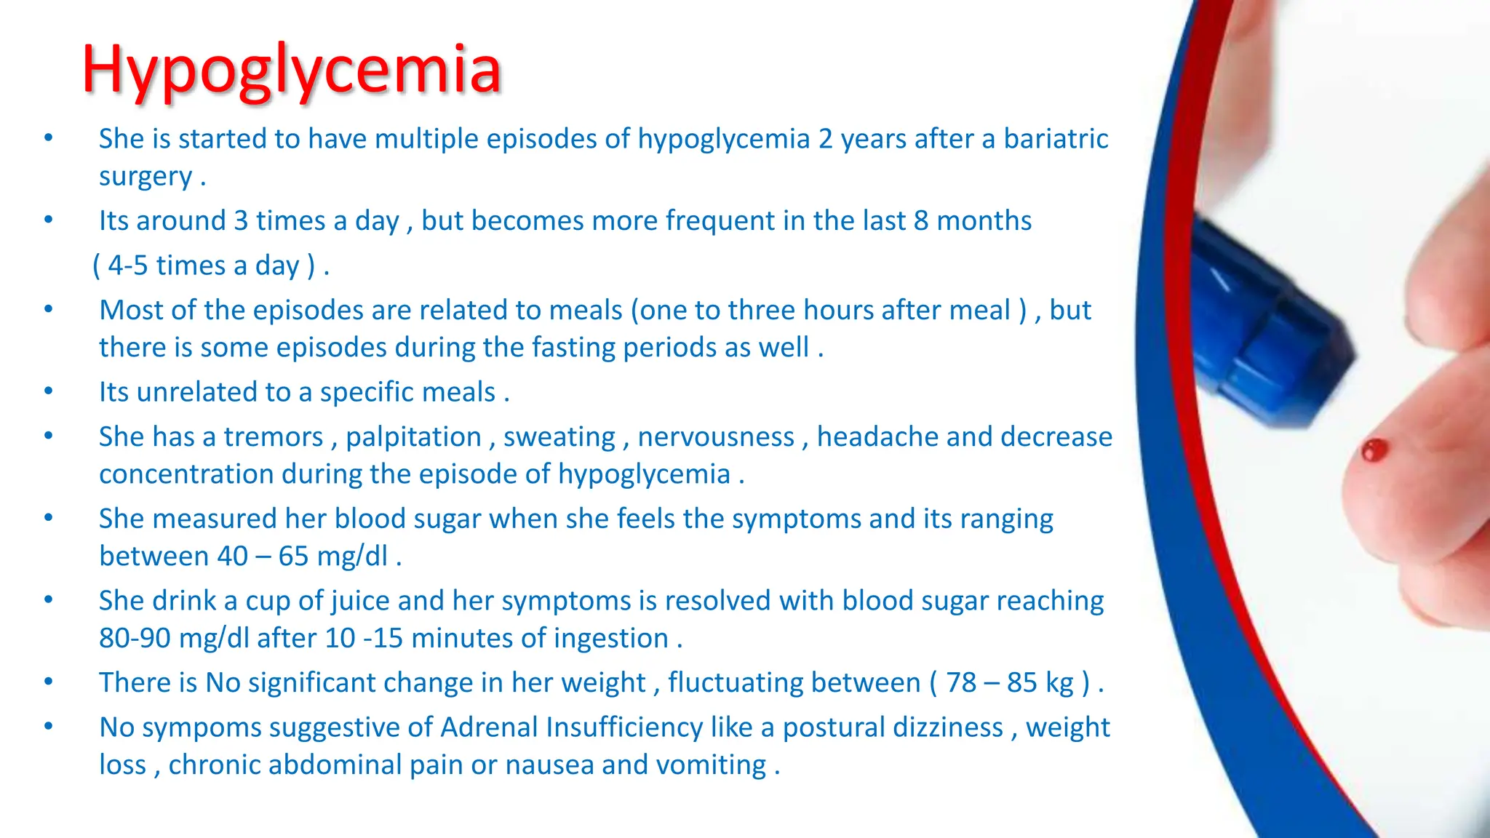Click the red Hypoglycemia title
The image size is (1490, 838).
(x=291, y=70)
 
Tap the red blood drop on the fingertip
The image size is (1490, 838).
(x=1374, y=450)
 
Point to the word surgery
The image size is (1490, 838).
(x=146, y=177)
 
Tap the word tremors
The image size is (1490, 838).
(x=274, y=436)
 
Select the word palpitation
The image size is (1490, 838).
(x=413, y=436)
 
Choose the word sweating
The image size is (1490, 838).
(x=559, y=436)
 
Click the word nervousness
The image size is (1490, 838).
(x=716, y=436)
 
